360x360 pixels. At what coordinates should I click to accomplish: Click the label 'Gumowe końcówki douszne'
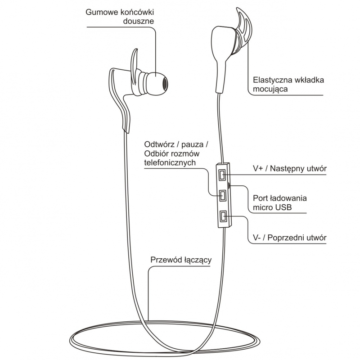[119, 16]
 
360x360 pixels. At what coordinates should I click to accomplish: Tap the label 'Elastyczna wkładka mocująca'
[288, 85]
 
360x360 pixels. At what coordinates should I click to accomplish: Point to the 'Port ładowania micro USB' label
[276, 202]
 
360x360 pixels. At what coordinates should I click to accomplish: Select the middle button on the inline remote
[222, 195]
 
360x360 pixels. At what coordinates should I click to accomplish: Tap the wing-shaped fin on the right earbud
[242, 27]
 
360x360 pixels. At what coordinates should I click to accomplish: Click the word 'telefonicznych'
[170, 163]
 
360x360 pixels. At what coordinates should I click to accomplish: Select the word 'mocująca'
[270, 89]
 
